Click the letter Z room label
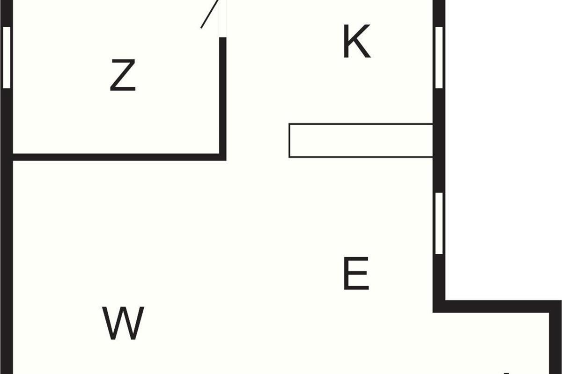123,75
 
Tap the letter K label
356,42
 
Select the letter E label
356,273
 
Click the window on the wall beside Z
6,58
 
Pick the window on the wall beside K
439,58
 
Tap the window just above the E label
439,223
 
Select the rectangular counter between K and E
361,140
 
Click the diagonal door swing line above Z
209,14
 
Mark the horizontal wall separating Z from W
117,157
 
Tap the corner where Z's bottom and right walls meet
223,157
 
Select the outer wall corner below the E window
439,306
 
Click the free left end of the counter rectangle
290,140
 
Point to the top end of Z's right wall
223,39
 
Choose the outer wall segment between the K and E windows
439,140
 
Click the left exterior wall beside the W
6,280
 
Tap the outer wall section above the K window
439,12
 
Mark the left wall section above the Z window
6,12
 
